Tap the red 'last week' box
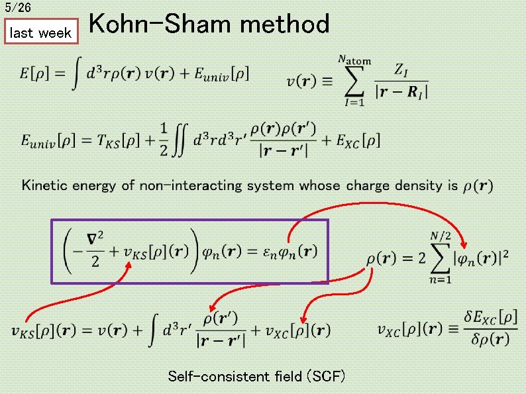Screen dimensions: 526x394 click(x=41, y=32)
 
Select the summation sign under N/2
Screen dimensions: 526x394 click(x=440, y=258)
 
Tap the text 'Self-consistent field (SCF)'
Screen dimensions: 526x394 click(x=256, y=377)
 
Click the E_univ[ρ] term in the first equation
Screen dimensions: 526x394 click(x=222, y=74)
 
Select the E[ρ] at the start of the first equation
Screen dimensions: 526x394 click(x=37, y=74)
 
